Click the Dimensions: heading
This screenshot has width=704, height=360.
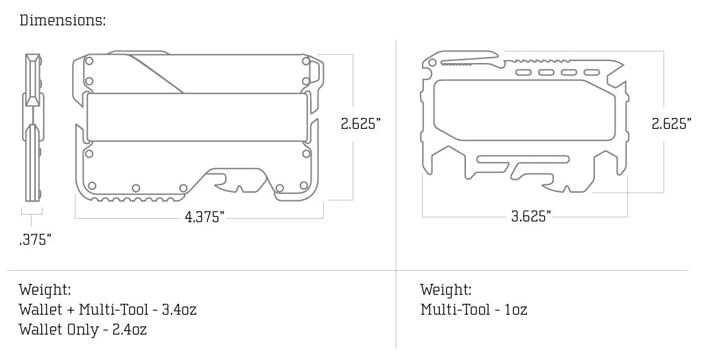(62, 20)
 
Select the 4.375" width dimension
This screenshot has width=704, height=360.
(204, 217)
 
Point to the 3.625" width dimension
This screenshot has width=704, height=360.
(530, 217)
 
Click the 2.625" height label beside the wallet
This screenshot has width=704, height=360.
(360, 123)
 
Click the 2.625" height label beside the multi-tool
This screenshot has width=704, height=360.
(671, 123)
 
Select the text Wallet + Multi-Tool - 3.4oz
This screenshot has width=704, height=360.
(108, 309)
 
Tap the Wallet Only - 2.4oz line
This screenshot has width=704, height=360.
(83, 329)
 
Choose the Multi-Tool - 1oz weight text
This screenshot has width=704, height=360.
(473, 309)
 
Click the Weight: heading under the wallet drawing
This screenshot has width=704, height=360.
(45, 289)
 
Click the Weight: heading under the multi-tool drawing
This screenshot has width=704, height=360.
(446, 289)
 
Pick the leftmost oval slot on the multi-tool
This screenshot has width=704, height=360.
(523, 72)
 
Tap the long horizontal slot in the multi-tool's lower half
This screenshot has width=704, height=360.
(523, 160)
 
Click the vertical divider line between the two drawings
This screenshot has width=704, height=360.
(396, 192)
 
